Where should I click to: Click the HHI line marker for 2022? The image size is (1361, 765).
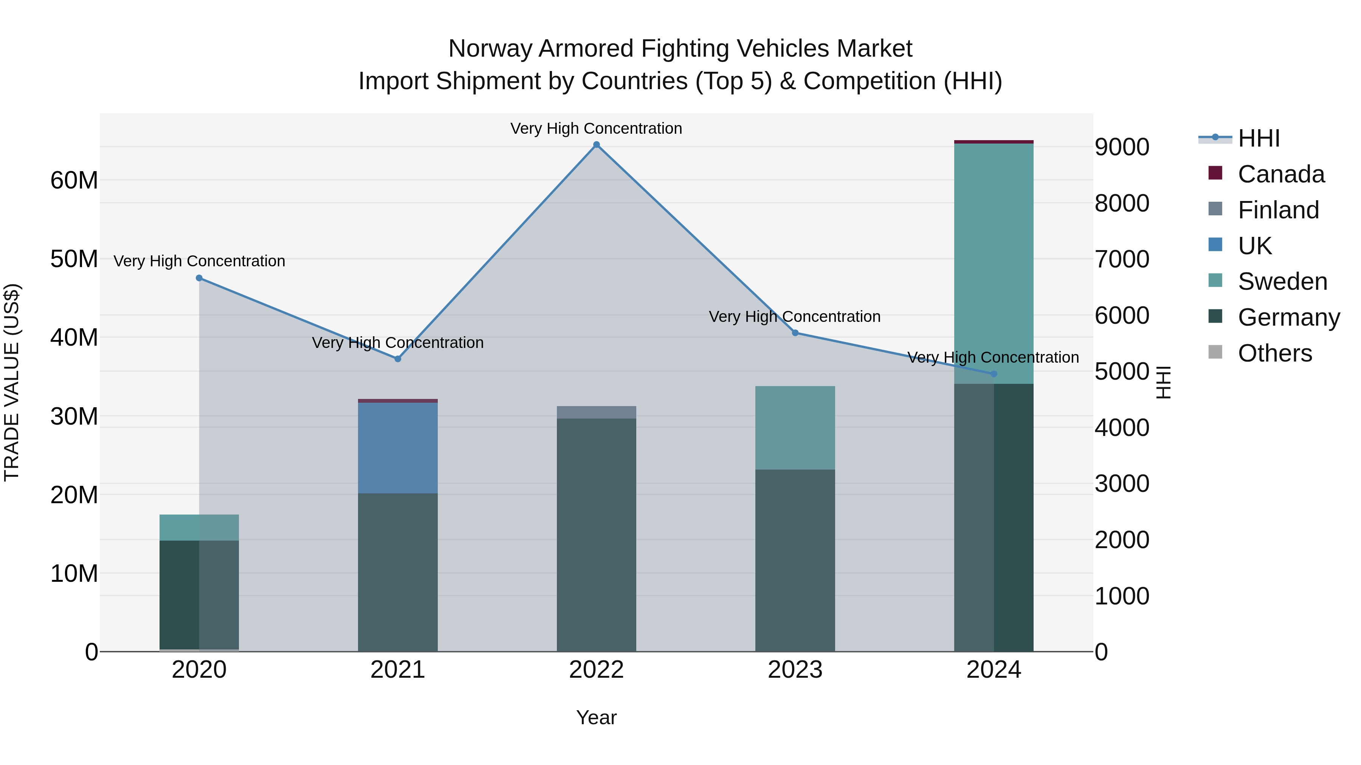coord(597,145)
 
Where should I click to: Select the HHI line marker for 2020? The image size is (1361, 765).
coord(199,278)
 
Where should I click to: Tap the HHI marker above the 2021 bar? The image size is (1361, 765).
coord(398,359)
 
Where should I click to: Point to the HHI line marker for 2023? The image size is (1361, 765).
coord(795,333)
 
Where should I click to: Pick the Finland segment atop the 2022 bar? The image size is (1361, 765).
coord(597,412)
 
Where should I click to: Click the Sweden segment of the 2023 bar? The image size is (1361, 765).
coord(795,428)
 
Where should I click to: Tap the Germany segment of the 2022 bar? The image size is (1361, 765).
coord(597,533)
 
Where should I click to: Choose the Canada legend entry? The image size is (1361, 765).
coord(1281,174)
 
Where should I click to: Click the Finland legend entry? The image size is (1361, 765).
coord(1278,210)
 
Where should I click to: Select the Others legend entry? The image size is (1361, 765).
coord(1274,353)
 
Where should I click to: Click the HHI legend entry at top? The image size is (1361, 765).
coord(1259,138)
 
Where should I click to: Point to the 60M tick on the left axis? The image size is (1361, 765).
coord(74,181)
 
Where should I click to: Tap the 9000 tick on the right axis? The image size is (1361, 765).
coord(1122,147)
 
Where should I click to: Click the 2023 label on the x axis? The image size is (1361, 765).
coord(795,670)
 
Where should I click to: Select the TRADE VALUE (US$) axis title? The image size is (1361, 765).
coord(12,382)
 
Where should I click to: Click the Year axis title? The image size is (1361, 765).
coord(597,717)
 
